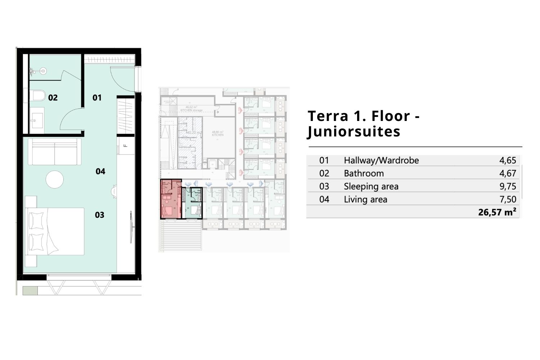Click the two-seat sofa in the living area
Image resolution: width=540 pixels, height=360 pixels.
coord(55,151)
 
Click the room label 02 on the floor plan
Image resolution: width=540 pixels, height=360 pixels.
coord(53,98)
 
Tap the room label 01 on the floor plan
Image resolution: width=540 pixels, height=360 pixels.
coord(97,98)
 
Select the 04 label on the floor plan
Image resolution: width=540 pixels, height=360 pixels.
coord(100,171)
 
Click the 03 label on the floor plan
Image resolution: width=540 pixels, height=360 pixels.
coord(100,215)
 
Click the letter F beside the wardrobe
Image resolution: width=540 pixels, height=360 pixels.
coord(125,146)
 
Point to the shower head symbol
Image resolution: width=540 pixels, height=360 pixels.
coord(43,71)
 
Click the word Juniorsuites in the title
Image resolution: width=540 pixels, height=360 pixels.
coord(354,132)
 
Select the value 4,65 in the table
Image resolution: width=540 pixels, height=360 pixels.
coord(508,160)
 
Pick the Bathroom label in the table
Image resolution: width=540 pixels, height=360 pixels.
coord(364,174)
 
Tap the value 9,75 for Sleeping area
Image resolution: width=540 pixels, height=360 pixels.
coord(508,186)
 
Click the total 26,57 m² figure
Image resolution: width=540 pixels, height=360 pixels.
coord(497,212)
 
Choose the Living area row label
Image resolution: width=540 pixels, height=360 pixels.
coord(365,199)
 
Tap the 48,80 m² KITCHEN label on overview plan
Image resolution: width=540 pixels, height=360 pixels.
coord(217,133)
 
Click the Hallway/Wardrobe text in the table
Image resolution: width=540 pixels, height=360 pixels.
coord(381,160)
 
